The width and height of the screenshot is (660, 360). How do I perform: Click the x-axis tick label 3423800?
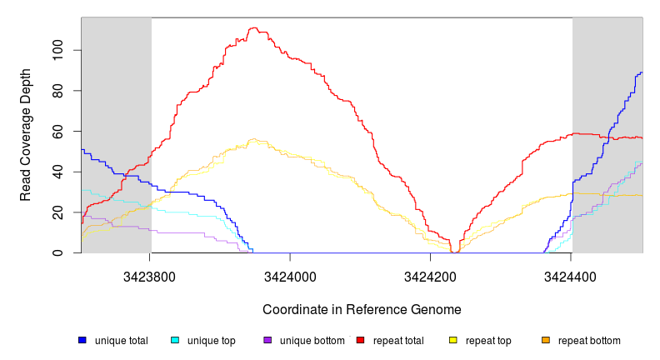coord(150,276)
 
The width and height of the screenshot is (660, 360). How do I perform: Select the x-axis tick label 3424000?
coord(290,276)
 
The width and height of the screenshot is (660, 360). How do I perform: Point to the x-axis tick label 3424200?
coord(430,276)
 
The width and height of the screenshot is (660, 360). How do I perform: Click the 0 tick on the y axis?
coord(57,253)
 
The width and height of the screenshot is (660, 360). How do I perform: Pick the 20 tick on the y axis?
coord(57,212)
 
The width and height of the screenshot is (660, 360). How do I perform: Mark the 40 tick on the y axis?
coord(57,172)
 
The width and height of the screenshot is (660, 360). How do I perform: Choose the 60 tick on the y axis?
coord(57,132)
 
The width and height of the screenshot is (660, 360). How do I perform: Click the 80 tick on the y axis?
coord(57,91)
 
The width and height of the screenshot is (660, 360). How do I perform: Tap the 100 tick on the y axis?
coord(57,50)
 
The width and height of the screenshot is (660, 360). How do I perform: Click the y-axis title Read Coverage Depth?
coord(26,134)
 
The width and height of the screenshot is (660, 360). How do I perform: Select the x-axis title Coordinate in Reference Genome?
coord(362,309)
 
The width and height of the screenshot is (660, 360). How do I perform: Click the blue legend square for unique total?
coord(82,341)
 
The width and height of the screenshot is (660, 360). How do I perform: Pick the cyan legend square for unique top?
coord(175,341)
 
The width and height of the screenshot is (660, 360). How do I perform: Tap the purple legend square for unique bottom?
coord(267,341)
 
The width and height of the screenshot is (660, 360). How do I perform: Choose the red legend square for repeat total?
coord(360,341)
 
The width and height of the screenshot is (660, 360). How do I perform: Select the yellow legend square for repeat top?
coord(452,341)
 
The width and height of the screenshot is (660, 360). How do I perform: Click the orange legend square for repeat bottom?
coord(545,341)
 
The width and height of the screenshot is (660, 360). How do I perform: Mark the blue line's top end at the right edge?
coord(641,72)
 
